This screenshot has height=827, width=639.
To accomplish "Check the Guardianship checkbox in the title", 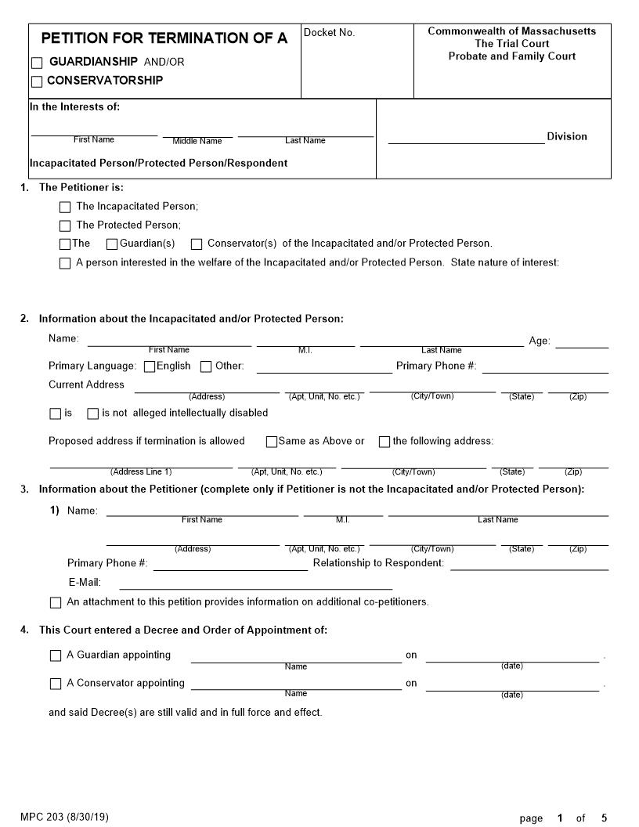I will [x=37, y=63].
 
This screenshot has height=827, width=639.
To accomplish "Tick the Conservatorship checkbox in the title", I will [x=37, y=81].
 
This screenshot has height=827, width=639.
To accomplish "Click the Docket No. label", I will [x=329, y=33].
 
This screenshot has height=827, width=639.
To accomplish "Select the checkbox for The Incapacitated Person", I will [x=65, y=208].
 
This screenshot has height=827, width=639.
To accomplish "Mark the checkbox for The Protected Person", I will [x=65, y=226].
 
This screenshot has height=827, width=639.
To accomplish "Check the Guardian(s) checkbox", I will [x=112, y=244].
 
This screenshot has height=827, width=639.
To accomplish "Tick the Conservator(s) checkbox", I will [x=197, y=244].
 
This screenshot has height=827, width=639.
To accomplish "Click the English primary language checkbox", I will [x=150, y=367].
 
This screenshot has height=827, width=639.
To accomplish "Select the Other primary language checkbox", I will [x=206, y=367].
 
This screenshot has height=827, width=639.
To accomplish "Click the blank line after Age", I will [x=582, y=342].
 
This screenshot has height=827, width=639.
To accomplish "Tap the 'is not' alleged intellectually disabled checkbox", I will [x=92, y=413].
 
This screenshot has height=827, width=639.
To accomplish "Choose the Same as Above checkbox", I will [x=272, y=442].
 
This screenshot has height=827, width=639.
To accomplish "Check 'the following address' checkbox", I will [x=384, y=442].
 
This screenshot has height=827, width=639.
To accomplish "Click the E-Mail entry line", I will [x=255, y=583].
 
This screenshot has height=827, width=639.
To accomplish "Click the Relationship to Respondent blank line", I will [x=529, y=565].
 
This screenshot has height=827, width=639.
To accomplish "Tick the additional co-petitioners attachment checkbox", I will [x=56, y=603].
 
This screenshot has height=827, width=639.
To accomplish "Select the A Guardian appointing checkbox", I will [x=56, y=656].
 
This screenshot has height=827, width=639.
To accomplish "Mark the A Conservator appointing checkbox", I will [x=56, y=684].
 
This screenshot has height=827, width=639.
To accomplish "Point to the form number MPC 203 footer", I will [x=64, y=817].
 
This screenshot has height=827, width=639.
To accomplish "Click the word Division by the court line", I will [x=566, y=137].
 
